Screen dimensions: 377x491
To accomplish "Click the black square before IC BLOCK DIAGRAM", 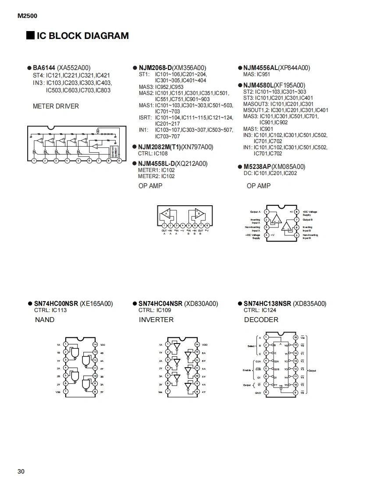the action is [30, 35].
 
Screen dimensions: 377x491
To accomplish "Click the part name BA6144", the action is [44, 68].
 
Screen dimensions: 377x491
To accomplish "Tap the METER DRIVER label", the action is [56, 106].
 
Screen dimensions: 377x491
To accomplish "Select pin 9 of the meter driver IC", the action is [119, 161].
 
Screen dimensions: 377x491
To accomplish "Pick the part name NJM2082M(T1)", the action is [160, 147].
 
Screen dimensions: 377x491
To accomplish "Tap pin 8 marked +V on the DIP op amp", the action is [297, 212].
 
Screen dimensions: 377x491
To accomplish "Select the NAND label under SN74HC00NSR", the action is [45, 320].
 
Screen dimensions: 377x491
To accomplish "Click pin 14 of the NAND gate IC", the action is [95, 344].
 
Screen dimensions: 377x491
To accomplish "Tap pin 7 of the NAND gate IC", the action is [65, 392].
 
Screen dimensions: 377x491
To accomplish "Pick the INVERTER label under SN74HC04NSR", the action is [156, 320].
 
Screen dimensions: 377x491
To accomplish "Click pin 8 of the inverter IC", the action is [197, 392].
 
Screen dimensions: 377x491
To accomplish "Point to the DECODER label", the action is [261, 320].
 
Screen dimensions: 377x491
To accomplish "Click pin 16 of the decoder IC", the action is [295, 337].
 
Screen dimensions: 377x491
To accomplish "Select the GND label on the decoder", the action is [258, 393].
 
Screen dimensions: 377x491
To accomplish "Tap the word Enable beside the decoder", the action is [247, 370].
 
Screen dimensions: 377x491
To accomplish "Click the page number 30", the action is [21, 471].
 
